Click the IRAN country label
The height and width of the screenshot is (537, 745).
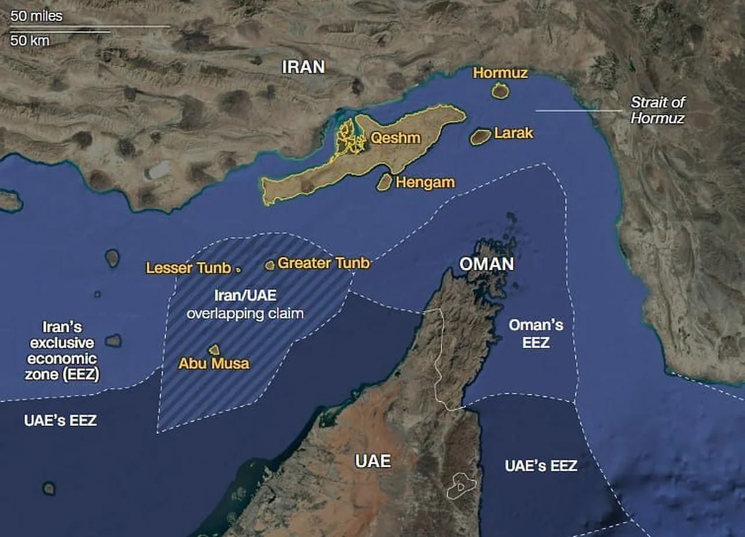[x=303, y=67]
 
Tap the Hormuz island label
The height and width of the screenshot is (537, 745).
[x=500, y=73]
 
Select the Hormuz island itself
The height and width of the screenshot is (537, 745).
[x=500, y=91]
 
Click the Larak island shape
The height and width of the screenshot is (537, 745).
[x=480, y=137]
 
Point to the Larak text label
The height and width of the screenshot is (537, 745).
[x=513, y=133]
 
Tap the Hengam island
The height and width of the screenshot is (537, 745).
[x=383, y=182]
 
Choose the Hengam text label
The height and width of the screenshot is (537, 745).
[x=425, y=183]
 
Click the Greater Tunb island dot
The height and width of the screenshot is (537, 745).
[x=269, y=265]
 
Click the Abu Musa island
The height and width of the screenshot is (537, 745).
[x=214, y=349]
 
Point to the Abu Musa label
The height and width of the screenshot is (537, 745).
[x=214, y=364]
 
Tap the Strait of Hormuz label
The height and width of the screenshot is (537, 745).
[x=658, y=110]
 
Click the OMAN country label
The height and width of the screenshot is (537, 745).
[x=487, y=264]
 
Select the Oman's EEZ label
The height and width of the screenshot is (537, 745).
[x=535, y=333]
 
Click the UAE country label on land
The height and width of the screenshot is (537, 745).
[x=373, y=461]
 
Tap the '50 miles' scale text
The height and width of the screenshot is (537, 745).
[x=36, y=16]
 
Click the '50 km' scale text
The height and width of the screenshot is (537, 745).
[x=30, y=41]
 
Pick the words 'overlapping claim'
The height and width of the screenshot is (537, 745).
[x=245, y=314]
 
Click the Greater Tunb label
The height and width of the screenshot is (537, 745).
[x=323, y=263]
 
